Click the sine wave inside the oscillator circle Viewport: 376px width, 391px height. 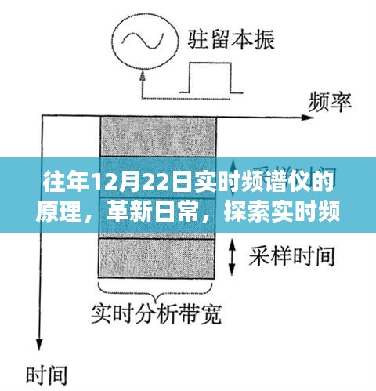(143, 41)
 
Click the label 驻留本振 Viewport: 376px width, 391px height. (231, 40)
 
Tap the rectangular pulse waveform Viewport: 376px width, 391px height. (211, 78)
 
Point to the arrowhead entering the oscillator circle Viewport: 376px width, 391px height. (143, 75)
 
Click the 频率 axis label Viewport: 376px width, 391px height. (330, 103)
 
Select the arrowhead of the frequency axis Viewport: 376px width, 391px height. (307, 118)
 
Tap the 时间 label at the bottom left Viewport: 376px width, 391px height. (47, 375)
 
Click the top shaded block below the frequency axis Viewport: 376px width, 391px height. (158, 136)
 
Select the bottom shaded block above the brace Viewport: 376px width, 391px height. (157, 259)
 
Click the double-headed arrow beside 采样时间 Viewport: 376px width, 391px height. (232, 257)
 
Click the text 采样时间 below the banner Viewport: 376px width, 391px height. (292, 256)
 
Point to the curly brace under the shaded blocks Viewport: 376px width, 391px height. (155, 291)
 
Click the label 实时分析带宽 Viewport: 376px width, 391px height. (156, 314)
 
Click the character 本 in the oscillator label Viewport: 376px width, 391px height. (242, 40)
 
